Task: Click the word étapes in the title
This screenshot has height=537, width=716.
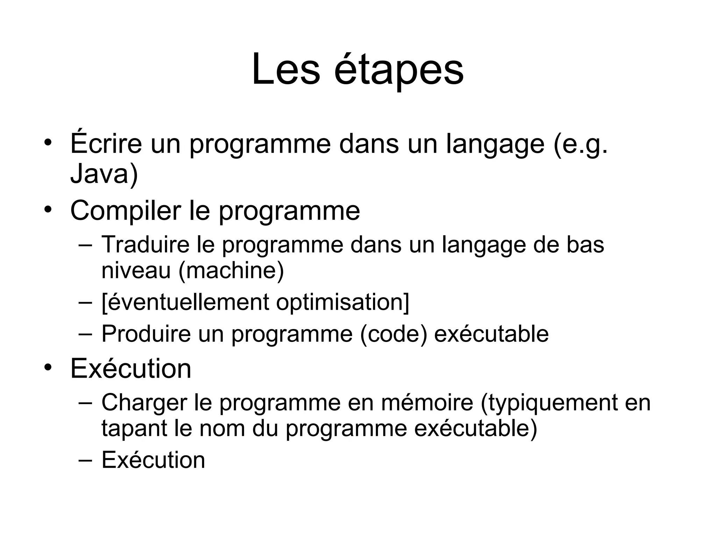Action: [399, 70]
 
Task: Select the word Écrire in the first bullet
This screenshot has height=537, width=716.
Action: [106, 143]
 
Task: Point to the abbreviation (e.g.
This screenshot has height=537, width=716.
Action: [581, 144]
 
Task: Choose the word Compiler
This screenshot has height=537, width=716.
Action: [126, 211]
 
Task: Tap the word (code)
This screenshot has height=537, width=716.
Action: [393, 334]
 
